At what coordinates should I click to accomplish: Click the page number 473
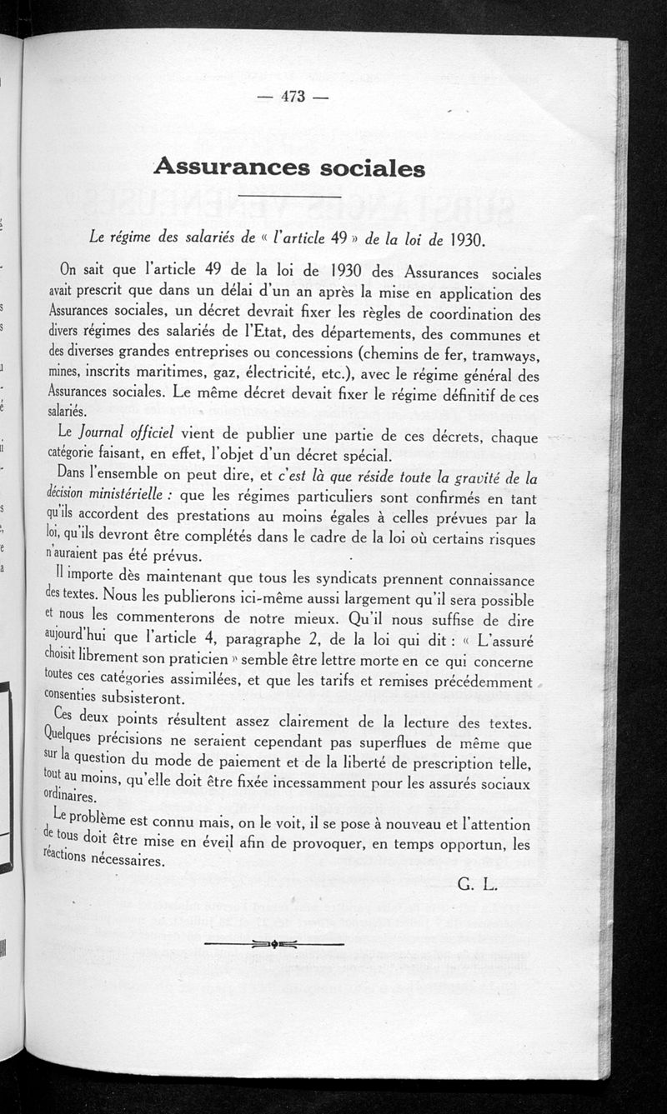tap(293, 97)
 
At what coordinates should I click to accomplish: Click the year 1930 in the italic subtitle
tap(463, 240)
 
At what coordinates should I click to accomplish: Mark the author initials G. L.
tap(477, 885)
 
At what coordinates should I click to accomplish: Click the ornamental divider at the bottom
tap(274, 943)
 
